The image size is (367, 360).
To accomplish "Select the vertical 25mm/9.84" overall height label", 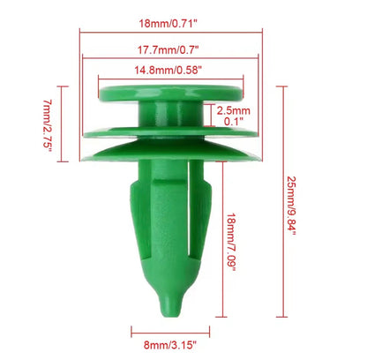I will [290, 201].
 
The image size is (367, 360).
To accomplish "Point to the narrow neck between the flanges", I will [168, 113].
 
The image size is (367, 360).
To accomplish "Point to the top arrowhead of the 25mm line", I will [282, 88].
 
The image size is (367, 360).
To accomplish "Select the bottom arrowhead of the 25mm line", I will [282, 315].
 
